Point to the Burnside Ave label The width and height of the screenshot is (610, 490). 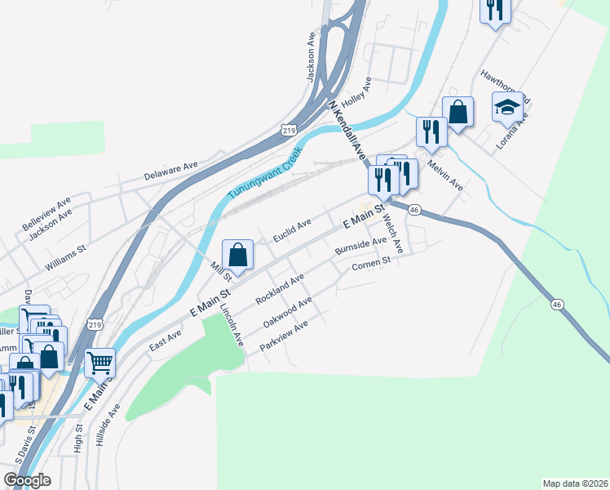point(360,245)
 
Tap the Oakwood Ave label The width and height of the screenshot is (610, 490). point(288,313)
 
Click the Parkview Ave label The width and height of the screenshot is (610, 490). point(283,336)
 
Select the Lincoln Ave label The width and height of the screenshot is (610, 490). point(232,325)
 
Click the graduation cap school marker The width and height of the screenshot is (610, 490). point(507,108)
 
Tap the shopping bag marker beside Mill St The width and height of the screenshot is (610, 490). point(237,254)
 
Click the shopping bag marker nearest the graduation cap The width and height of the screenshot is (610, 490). point(458,112)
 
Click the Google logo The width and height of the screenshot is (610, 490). point(26,480)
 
